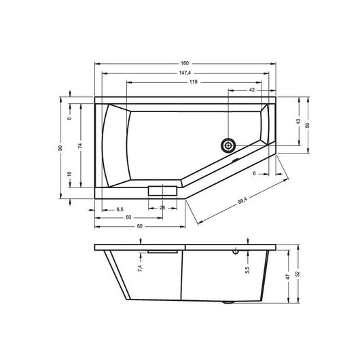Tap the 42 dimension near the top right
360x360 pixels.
tap(251, 90)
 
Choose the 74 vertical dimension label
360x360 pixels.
tap(79, 145)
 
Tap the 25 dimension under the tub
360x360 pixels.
tap(162, 208)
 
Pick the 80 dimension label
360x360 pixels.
tap(139, 226)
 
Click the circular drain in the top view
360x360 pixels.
tap(228, 145)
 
